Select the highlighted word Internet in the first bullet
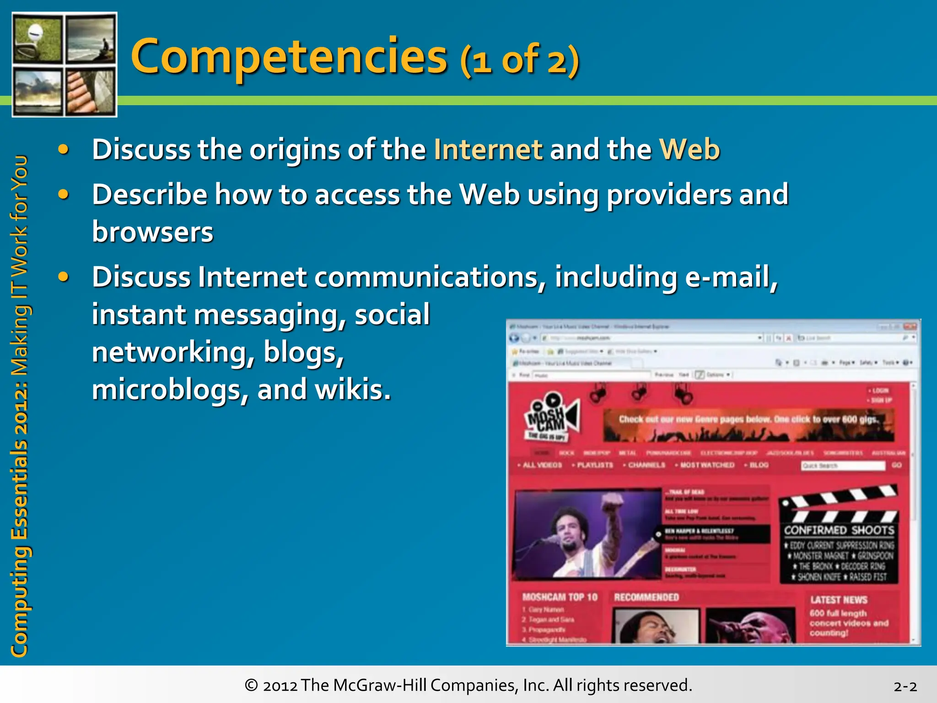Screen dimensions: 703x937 click(x=488, y=150)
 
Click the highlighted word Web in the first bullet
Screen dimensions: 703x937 click(x=689, y=150)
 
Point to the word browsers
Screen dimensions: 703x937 click(x=152, y=232)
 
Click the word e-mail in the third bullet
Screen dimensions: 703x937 click(x=731, y=277)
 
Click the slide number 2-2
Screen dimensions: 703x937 click(x=905, y=687)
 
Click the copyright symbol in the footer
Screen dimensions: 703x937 click(x=251, y=685)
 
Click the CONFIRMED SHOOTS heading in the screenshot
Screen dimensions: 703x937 click(x=839, y=530)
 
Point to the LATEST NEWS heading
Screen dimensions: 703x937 click(x=839, y=600)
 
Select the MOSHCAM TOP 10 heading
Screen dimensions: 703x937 click(x=560, y=597)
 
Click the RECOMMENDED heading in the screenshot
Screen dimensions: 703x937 click(x=646, y=597)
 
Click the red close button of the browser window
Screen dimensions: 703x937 click(x=910, y=326)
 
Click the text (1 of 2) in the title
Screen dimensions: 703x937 click(x=520, y=61)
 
